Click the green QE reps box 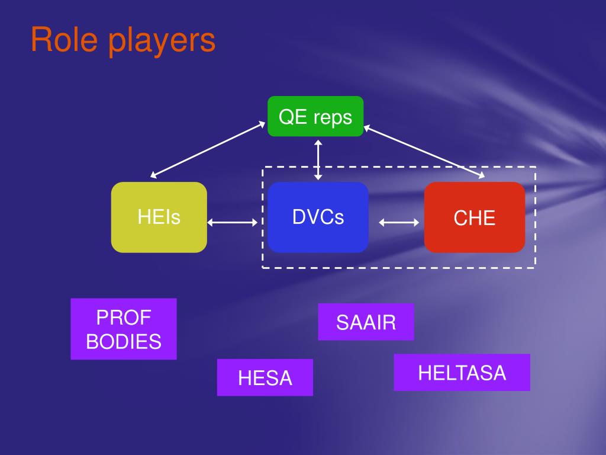point(315,116)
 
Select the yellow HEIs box point(159,217)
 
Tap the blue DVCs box point(318,217)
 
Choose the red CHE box point(475,217)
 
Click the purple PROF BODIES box point(124,329)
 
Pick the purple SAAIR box point(366,322)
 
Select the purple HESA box point(265,377)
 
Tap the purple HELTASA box point(462,373)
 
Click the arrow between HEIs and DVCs point(233,223)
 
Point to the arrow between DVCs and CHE point(399,223)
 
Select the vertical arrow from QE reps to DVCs point(318,159)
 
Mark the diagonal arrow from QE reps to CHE point(423,150)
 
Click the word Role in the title point(63,40)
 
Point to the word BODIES point(124,342)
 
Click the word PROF point(124,318)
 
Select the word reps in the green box point(333,117)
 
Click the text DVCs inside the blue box point(318,217)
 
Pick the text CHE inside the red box point(475,218)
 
